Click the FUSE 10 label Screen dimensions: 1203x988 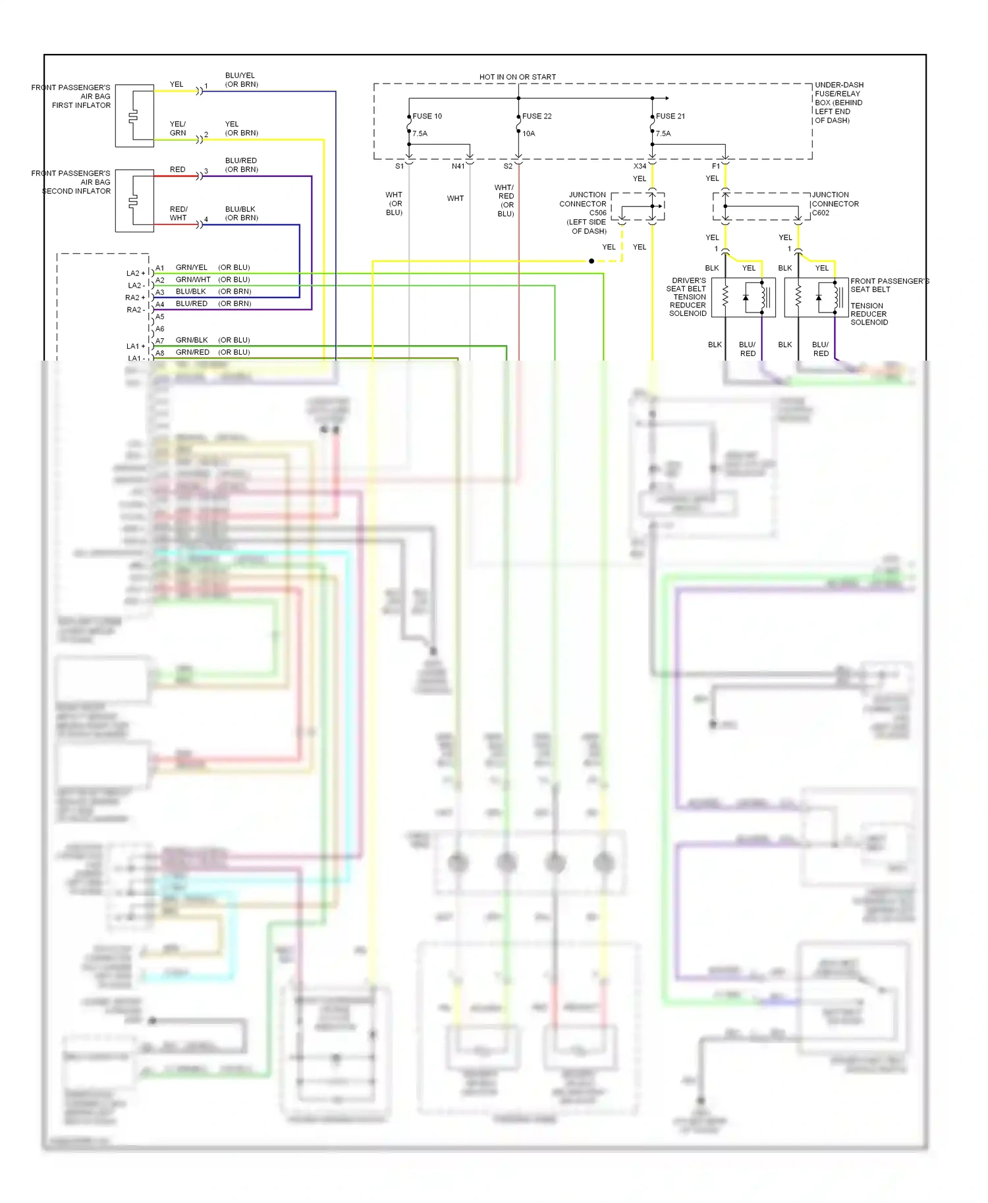(x=427, y=116)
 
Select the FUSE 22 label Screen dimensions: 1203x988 (x=537, y=116)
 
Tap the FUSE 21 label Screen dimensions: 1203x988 (x=671, y=116)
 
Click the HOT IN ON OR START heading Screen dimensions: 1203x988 (x=517, y=77)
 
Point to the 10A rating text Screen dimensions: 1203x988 (x=529, y=134)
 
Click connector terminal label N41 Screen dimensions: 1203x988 (x=458, y=166)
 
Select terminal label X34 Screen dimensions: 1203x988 (x=640, y=166)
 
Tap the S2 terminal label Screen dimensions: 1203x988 (x=508, y=166)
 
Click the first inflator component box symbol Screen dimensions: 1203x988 (x=134, y=116)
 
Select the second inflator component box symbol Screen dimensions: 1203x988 (x=134, y=201)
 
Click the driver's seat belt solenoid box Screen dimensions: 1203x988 (x=743, y=297)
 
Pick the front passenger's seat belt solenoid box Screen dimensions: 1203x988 (x=816, y=297)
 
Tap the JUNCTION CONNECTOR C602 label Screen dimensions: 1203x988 (x=835, y=204)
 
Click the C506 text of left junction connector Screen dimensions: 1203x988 (x=597, y=213)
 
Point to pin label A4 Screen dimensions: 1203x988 (x=160, y=305)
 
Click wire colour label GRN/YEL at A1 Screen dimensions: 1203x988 (x=191, y=268)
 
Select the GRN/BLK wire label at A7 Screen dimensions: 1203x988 (x=191, y=340)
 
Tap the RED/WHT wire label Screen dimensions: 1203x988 (x=178, y=214)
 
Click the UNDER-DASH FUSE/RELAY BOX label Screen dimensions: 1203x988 (x=838, y=103)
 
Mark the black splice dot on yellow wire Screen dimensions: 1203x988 (x=591, y=261)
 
